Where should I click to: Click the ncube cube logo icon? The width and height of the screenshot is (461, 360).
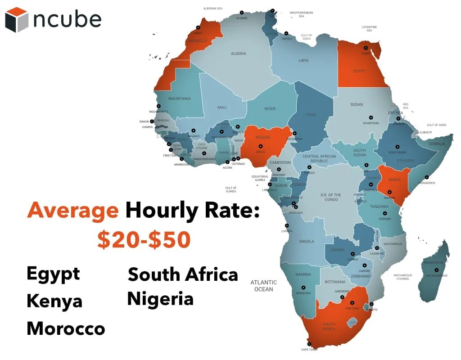coord(16,19)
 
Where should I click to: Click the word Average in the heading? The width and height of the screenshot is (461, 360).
coord(73,210)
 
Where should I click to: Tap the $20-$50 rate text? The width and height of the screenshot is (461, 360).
coord(144,240)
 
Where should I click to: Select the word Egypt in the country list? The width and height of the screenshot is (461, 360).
coord(53,274)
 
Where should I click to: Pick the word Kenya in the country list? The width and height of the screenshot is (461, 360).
coord(54,301)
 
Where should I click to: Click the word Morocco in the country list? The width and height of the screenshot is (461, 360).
coord(66,328)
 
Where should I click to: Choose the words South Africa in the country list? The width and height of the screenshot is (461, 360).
coord(183,274)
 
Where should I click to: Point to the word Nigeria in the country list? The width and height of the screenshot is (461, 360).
coord(160,299)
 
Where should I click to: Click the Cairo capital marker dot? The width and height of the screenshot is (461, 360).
coord(366,48)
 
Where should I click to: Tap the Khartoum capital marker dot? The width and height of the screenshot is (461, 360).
coord(371,117)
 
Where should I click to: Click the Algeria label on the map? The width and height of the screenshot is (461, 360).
coord(239,54)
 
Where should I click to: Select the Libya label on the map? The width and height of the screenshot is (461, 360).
coord(303,60)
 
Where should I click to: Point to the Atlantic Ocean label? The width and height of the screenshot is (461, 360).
coord(264,286)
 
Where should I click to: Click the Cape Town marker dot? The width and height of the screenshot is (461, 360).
coord(309,344)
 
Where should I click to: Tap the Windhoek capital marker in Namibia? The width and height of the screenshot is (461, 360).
coord(303,287)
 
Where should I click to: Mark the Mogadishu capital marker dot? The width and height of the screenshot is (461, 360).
coord(426,177)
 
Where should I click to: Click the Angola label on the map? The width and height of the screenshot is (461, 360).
coord(307,242)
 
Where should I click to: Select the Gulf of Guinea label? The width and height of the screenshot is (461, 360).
coord(231,189)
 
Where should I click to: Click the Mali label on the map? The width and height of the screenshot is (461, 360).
coord(222,108)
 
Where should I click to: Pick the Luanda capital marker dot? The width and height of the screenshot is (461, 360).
coord(285,225)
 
